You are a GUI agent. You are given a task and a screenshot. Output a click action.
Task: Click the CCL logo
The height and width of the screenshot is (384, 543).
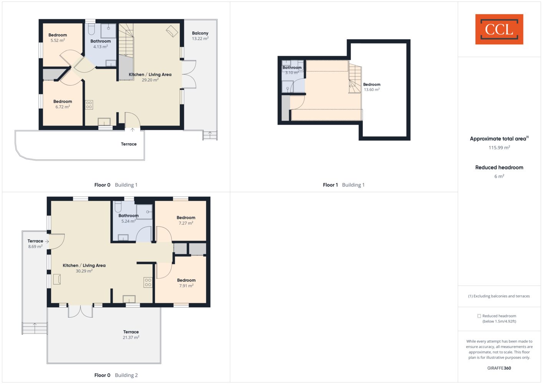click(x=499, y=29)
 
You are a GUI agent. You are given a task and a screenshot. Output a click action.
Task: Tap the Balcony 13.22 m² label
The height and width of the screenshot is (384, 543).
click(x=200, y=36)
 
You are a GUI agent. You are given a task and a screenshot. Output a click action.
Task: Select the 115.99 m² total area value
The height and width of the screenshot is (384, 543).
click(x=499, y=147)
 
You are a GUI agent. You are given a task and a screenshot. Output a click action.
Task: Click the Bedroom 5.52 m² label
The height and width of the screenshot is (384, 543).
click(x=58, y=38)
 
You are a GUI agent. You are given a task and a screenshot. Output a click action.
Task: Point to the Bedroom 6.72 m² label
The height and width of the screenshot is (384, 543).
click(x=63, y=104)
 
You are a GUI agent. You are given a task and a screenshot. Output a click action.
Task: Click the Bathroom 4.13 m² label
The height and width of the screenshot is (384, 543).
click(x=100, y=44)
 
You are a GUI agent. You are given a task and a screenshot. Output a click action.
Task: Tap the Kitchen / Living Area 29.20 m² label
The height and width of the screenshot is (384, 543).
click(x=150, y=77)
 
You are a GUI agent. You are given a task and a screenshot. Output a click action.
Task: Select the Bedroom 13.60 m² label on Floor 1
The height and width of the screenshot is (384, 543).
click(x=372, y=87)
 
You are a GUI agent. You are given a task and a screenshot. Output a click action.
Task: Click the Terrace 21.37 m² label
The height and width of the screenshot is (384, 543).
click(x=131, y=334)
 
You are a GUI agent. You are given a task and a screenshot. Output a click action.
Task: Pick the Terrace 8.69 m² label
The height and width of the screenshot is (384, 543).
click(x=35, y=243)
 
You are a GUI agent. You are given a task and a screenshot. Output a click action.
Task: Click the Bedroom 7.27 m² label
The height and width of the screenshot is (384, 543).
click(x=186, y=220)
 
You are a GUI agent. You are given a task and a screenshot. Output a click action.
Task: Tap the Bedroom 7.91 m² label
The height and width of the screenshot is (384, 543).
click(x=186, y=283)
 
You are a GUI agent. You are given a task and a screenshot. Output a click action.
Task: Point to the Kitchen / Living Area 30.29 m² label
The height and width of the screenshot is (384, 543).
click(x=84, y=268)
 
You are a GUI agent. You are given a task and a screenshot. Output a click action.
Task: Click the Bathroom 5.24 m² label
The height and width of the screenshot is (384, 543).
click(x=128, y=218)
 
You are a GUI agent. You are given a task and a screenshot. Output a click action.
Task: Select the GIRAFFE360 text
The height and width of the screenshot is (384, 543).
click(x=499, y=368)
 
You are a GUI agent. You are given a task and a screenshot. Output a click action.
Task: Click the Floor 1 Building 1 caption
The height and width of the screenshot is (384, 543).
click(x=344, y=185)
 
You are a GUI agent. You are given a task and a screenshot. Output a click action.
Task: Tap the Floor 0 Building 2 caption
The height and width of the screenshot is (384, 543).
click(x=116, y=375)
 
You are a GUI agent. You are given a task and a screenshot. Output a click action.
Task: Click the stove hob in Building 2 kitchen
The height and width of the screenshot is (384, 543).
click(x=148, y=282)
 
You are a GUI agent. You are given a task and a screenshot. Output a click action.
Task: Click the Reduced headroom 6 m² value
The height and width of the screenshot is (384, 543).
click(x=499, y=176)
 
